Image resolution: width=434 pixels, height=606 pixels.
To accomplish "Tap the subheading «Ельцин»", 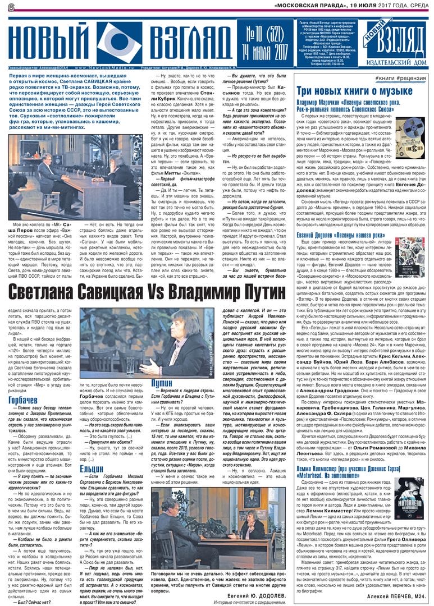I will coord(91,467).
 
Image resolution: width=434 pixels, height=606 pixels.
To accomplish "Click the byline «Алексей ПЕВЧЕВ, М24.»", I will coord(397,596).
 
